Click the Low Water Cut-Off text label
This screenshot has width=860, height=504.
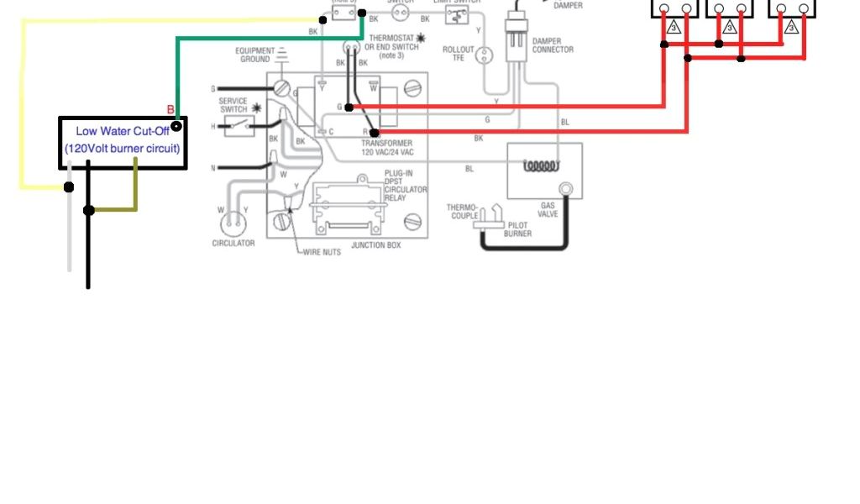coord(122,131)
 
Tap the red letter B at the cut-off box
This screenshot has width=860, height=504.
coord(170,110)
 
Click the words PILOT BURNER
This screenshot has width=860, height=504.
coord(518,229)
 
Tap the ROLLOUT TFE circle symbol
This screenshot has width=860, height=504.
coord(484,55)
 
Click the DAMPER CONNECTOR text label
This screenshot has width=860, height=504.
coord(553,45)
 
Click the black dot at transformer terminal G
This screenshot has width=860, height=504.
coord(349,107)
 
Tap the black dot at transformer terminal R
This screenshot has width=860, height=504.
coord(375,133)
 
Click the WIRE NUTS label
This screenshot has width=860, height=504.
coord(322,251)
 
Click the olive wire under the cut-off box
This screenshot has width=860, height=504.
coord(134,189)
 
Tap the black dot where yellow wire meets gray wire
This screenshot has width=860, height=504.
coord(69,186)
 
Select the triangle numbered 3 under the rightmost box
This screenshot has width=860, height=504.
coord(790,28)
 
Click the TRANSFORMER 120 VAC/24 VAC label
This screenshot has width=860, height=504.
coord(387,148)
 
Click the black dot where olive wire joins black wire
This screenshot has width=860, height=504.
coord(88,210)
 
